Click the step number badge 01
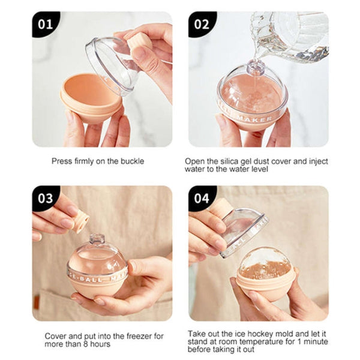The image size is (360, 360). tap(45, 25)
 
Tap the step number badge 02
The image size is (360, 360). tap(202, 25)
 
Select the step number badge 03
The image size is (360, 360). tap(45, 199)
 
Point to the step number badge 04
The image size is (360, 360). tap(202, 199)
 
